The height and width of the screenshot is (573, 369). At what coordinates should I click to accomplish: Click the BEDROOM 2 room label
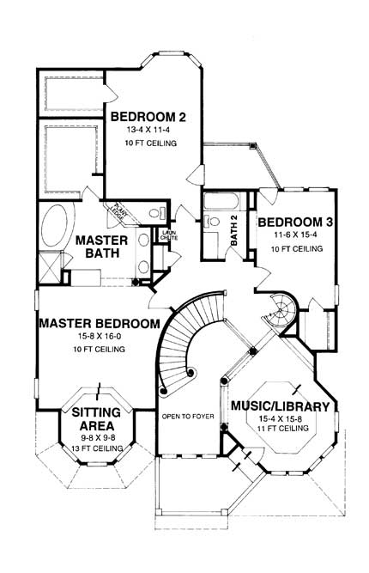pyautogui.click(x=148, y=115)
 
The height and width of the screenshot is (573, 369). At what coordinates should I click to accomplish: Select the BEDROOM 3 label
pyautogui.click(x=290, y=220)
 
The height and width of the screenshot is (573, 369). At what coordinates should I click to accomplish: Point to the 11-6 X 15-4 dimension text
pyautogui.click(x=290, y=234)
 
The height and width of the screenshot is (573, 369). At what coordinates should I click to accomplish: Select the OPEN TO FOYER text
pyautogui.click(x=185, y=417)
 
